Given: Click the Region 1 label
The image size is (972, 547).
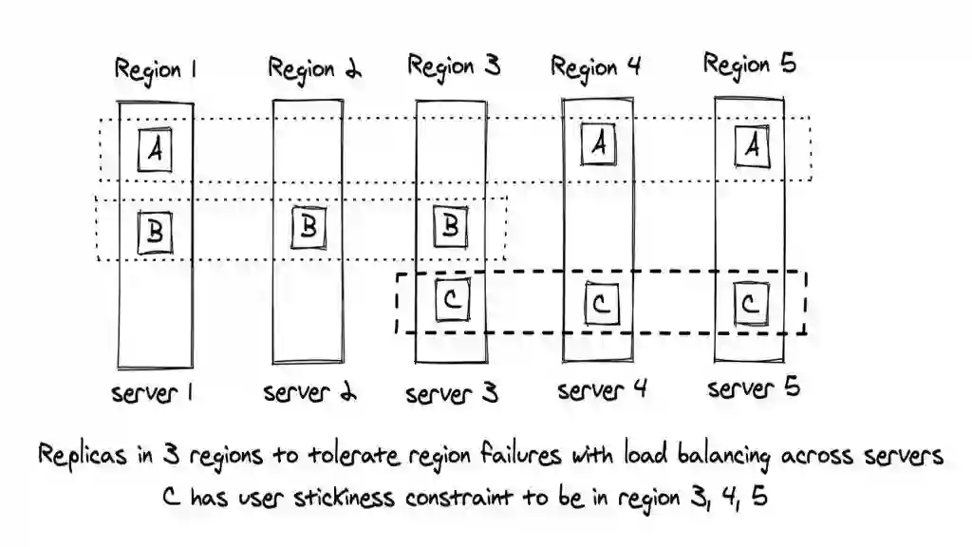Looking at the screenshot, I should (156, 69).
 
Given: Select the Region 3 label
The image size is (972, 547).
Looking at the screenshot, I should (454, 66).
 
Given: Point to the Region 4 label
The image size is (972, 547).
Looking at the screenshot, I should (596, 67).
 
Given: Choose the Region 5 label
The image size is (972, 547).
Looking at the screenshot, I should (749, 65).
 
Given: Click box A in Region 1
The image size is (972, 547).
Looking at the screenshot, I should (156, 150).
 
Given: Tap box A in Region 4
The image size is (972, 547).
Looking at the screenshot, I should (599, 143).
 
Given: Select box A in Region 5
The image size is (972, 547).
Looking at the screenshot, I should (752, 145).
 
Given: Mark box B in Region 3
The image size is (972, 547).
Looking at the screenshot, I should (452, 226).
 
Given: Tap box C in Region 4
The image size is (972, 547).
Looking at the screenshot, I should (600, 304).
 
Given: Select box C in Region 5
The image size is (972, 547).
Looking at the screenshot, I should (750, 304).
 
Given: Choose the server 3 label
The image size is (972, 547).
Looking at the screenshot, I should (452, 393).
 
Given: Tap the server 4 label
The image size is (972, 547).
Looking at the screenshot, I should (602, 390).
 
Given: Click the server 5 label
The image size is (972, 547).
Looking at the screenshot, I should (754, 388).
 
